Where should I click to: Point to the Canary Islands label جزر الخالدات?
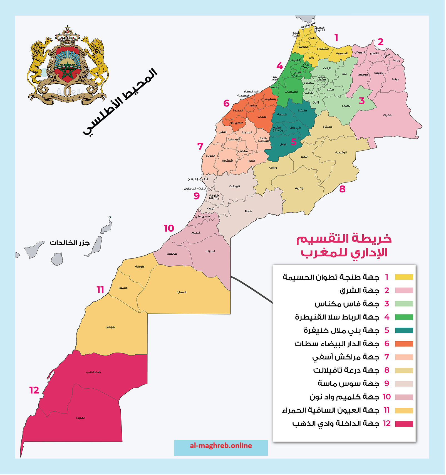click(70, 243)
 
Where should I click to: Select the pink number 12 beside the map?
click(34, 391)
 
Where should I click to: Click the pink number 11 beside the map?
click(100, 290)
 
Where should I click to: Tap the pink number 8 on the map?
click(343, 189)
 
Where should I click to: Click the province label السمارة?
click(182, 293)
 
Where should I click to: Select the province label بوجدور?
click(111, 327)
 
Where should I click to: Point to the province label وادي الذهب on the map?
click(93, 372)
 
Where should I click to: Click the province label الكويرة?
click(81, 418)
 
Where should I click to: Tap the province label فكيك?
click(387, 115)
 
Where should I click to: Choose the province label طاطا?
click(249, 211)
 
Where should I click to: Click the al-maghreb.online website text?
click(221, 446)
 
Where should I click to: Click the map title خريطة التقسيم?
click(344, 239)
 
